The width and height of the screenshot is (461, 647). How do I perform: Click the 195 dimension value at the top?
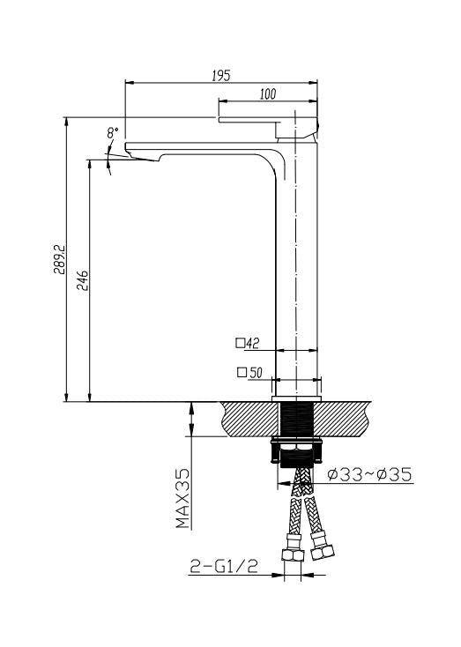click(x=221, y=76)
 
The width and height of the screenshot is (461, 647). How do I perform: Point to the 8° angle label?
click(x=112, y=133)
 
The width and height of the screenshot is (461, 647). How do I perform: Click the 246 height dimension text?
click(x=80, y=280)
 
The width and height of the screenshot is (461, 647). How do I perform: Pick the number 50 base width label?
click(x=257, y=373)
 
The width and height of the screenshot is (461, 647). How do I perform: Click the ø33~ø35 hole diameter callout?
click(x=369, y=476)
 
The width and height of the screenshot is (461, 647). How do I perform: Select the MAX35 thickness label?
click(x=183, y=498)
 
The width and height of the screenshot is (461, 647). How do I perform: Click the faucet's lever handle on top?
click(x=264, y=119)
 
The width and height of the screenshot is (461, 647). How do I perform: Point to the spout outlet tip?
click(x=141, y=155)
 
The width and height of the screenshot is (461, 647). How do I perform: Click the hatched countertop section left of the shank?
click(x=248, y=420)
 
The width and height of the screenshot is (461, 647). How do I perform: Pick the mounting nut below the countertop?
click(x=298, y=451)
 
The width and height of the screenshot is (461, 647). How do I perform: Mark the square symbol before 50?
click(x=242, y=373)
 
